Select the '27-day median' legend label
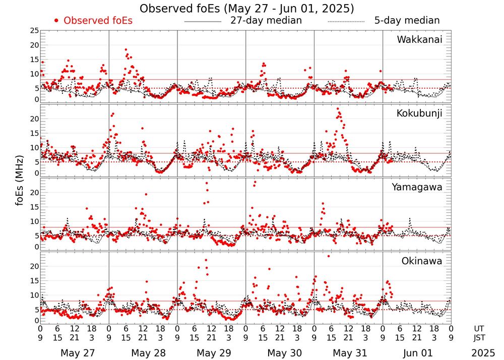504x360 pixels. click(x=266, y=21)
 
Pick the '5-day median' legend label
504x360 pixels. click(x=407, y=21)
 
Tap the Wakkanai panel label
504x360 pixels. click(x=419, y=39)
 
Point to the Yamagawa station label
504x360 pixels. click(x=417, y=187)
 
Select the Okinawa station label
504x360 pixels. click(x=421, y=261)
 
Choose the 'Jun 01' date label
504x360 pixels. click(x=418, y=352)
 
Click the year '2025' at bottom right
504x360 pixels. click(x=483, y=352)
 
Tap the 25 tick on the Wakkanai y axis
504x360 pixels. click(x=34, y=31)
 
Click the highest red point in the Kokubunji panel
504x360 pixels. click(x=338, y=109)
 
